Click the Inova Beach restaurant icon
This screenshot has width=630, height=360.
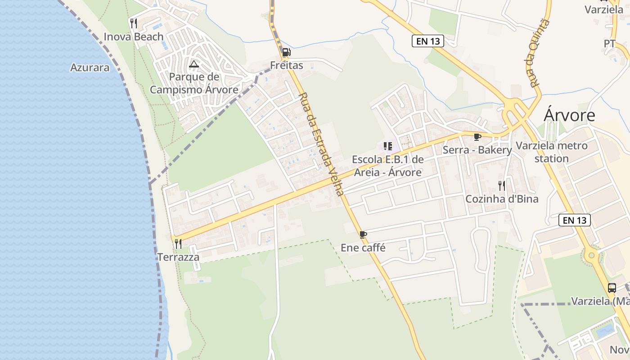(x=134, y=23)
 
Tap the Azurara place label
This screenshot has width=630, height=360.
(x=90, y=67)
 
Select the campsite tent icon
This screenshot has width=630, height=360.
(x=194, y=64)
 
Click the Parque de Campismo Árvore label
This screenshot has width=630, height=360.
(x=194, y=83)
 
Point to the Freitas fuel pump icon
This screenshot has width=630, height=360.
(x=286, y=53)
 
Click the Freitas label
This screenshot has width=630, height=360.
(x=287, y=65)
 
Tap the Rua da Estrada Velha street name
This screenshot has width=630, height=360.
(x=322, y=144)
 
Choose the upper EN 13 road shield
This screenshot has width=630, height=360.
(x=428, y=41)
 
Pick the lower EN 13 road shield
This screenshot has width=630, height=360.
(x=575, y=220)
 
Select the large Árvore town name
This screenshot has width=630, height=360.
(x=569, y=115)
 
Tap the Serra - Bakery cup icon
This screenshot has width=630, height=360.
(x=477, y=137)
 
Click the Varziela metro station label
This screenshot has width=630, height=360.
(x=552, y=152)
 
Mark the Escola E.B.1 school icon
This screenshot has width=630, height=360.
(x=387, y=146)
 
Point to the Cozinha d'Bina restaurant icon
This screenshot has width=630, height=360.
(x=502, y=185)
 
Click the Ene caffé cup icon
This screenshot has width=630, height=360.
(x=363, y=234)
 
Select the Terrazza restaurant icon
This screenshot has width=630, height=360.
(x=178, y=244)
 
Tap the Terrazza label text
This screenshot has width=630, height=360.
(x=178, y=257)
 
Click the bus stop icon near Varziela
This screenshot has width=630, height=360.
(x=612, y=288)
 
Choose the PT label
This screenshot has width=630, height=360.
(x=610, y=44)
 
